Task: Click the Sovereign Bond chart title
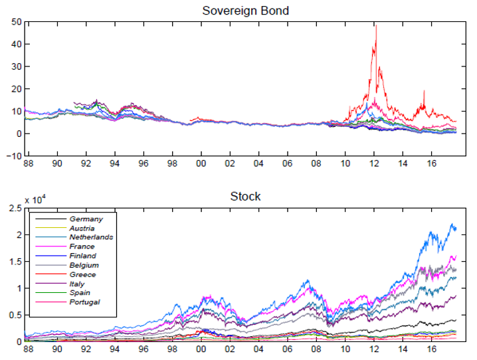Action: [x=245, y=10]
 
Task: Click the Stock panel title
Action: [x=245, y=196]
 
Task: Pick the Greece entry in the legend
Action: [x=82, y=274]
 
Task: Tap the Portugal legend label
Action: [x=84, y=302]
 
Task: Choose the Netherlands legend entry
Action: [x=91, y=237]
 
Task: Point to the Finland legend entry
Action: [x=82, y=256]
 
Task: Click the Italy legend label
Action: [x=79, y=284]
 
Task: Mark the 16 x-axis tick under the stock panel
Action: [x=432, y=349]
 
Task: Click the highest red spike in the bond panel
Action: [x=376, y=25]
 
